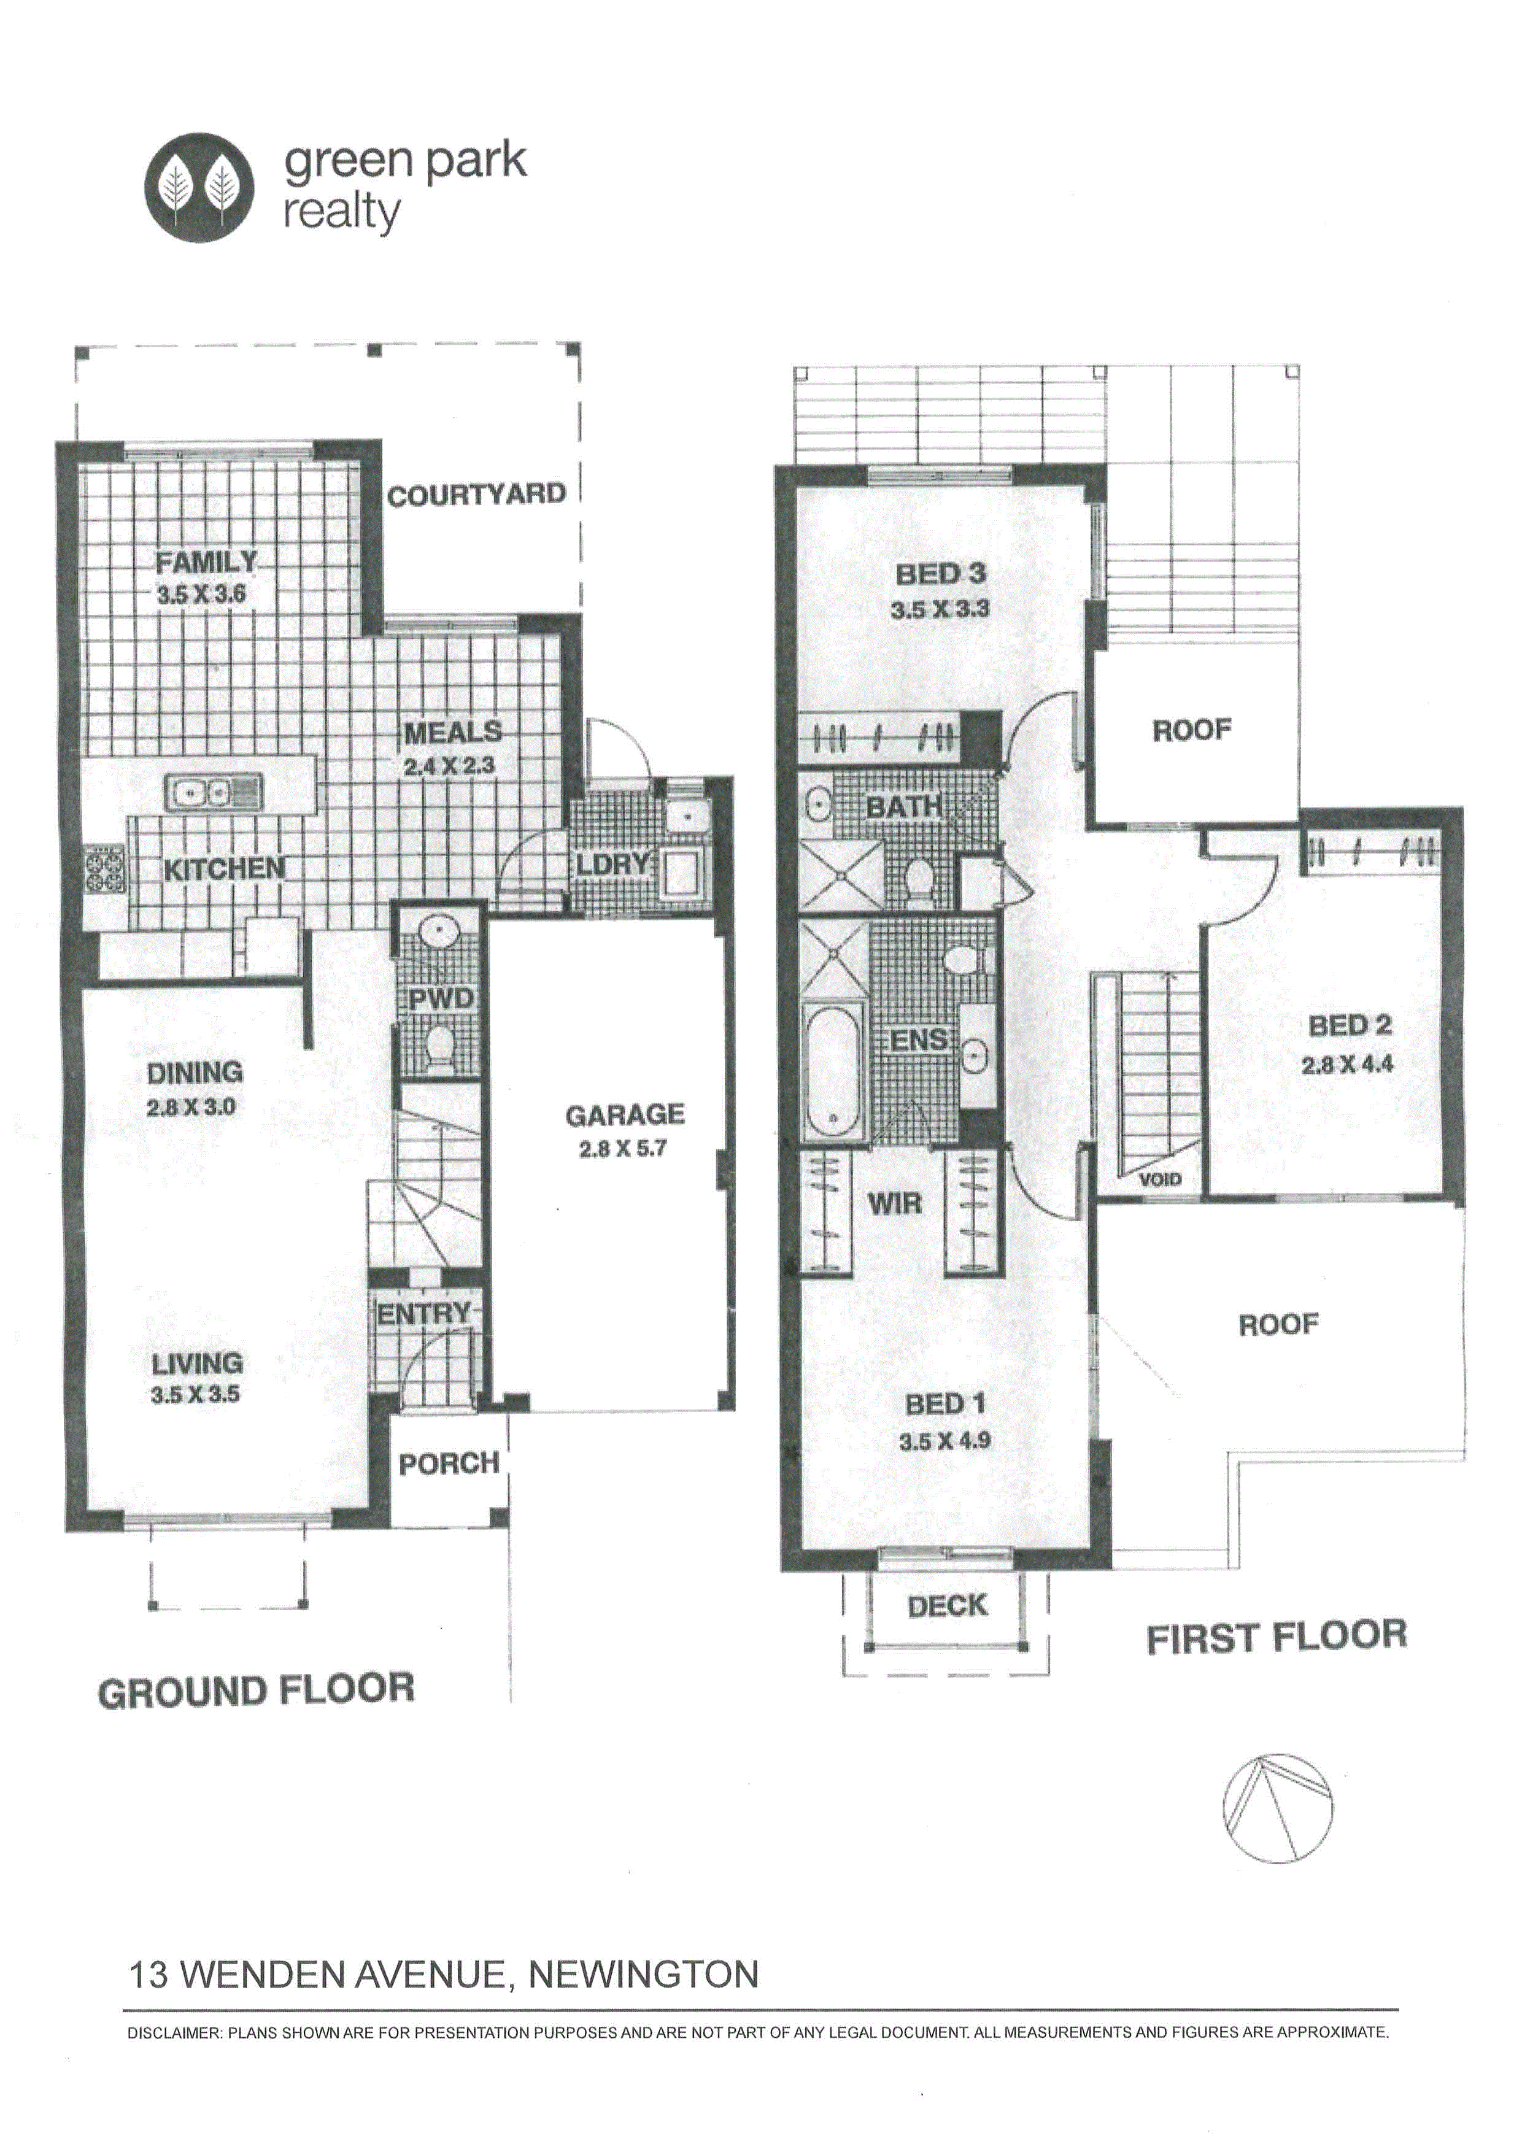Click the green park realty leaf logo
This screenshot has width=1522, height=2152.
[x=199, y=187]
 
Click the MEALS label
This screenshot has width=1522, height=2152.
[x=454, y=731]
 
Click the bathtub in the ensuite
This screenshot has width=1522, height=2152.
[x=833, y=1072]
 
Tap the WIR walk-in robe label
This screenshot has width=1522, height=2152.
[x=895, y=1203]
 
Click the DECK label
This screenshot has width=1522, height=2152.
[x=948, y=1606]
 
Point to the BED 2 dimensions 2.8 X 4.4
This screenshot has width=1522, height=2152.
[x=1346, y=1065]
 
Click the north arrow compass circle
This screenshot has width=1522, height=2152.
[x=1277, y=1808]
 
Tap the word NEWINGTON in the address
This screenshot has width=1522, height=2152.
[x=644, y=1975]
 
